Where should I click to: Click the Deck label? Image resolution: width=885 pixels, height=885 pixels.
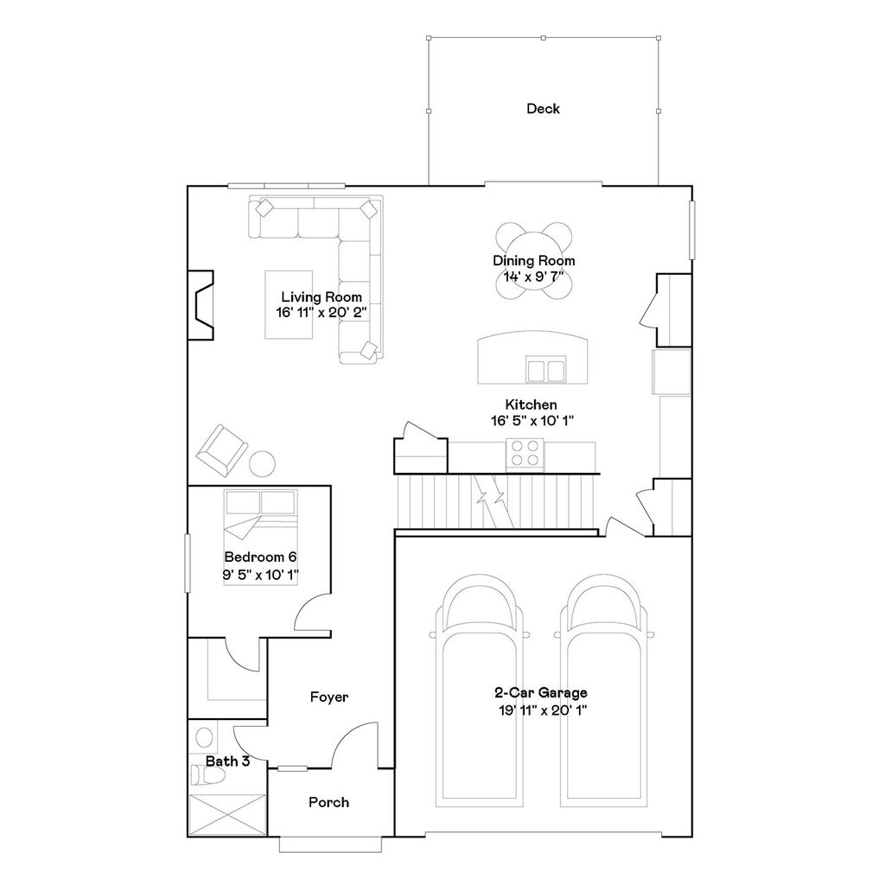543,109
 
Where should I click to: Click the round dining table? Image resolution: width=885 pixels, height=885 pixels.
533,261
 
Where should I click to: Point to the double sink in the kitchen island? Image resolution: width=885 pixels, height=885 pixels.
545,370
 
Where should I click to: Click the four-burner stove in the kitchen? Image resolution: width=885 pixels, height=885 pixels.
524,453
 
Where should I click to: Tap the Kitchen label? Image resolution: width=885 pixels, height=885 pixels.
531,404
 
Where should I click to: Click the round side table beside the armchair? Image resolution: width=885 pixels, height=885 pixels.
263,463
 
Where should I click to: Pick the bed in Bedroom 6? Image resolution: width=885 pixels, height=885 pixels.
261,536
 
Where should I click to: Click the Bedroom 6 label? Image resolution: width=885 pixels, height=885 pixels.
261,557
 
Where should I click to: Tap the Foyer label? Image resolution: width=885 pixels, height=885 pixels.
329,697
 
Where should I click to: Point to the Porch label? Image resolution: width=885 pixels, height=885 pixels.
329,802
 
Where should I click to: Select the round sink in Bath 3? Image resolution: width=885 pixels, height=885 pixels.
205,738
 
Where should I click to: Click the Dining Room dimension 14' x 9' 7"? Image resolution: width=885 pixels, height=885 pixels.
533,277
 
